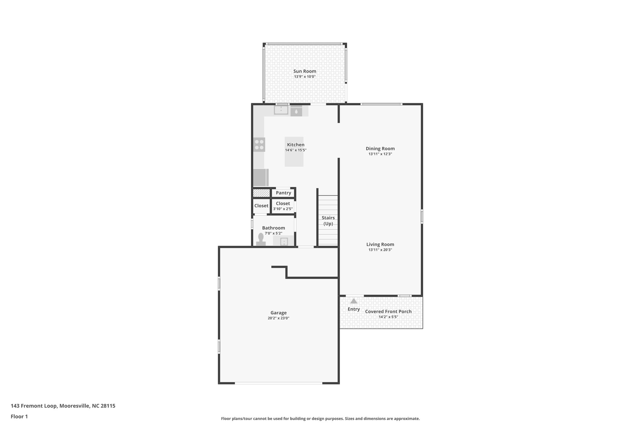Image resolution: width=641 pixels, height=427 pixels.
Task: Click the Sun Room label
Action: pyautogui.click(x=305, y=71)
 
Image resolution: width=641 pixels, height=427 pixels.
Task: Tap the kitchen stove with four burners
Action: pyautogui.click(x=259, y=145)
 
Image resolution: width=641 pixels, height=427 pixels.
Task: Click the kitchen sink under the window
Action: pyautogui.click(x=281, y=110)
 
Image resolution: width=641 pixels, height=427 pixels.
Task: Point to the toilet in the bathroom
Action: pyautogui.click(x=261, y=240)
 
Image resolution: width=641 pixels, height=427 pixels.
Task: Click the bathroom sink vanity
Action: pyautogui.click(x=284, y=241)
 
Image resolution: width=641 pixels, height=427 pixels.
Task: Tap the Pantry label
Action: pyautogui.click(x=283, y=193)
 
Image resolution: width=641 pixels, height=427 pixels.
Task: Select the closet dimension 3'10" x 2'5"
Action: pyautogui.click(x=283, y=209)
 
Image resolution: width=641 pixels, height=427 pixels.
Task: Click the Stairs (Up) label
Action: pyautogui.click(x=328, y=221)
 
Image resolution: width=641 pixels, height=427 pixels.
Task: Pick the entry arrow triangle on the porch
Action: pyautogui.click(x=354, y=301)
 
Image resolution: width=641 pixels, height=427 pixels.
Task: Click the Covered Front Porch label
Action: pyautogui.click(x=388, y=312)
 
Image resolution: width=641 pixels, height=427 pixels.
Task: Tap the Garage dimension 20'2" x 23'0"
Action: pyautogui.click(x=278, y=318)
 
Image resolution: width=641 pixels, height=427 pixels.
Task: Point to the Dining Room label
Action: pyautogui.click(x=380, y=149)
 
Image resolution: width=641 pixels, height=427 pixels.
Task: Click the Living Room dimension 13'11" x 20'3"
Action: pyautogui.click(x=380, y=250)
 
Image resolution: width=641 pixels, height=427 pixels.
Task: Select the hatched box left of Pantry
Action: pyautogui.click(x=261, y=193)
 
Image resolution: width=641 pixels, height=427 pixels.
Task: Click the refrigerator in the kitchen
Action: pyautogui.click(x=260, y=177)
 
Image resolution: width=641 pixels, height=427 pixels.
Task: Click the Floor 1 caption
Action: pyautogui.click(x=19, y=416)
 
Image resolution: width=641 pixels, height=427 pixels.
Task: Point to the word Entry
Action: pyautogui.click(x=354, y=309)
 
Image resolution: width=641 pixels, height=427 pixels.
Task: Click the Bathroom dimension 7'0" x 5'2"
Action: pyautogui.click(x=273, y=233)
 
